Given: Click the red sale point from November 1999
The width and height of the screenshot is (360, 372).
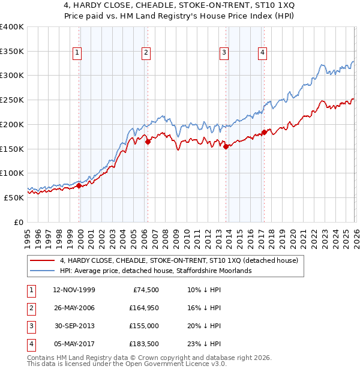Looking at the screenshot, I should (x=79, y=185).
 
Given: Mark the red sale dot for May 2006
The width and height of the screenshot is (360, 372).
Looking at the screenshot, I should (x=148, y=142).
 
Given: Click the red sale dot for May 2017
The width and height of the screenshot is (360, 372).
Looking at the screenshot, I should (x=264, y=133).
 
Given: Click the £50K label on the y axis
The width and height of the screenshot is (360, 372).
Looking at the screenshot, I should (x=14, y=197).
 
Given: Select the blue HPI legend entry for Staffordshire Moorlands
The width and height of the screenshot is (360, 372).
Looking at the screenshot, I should (x=155, y=271).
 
